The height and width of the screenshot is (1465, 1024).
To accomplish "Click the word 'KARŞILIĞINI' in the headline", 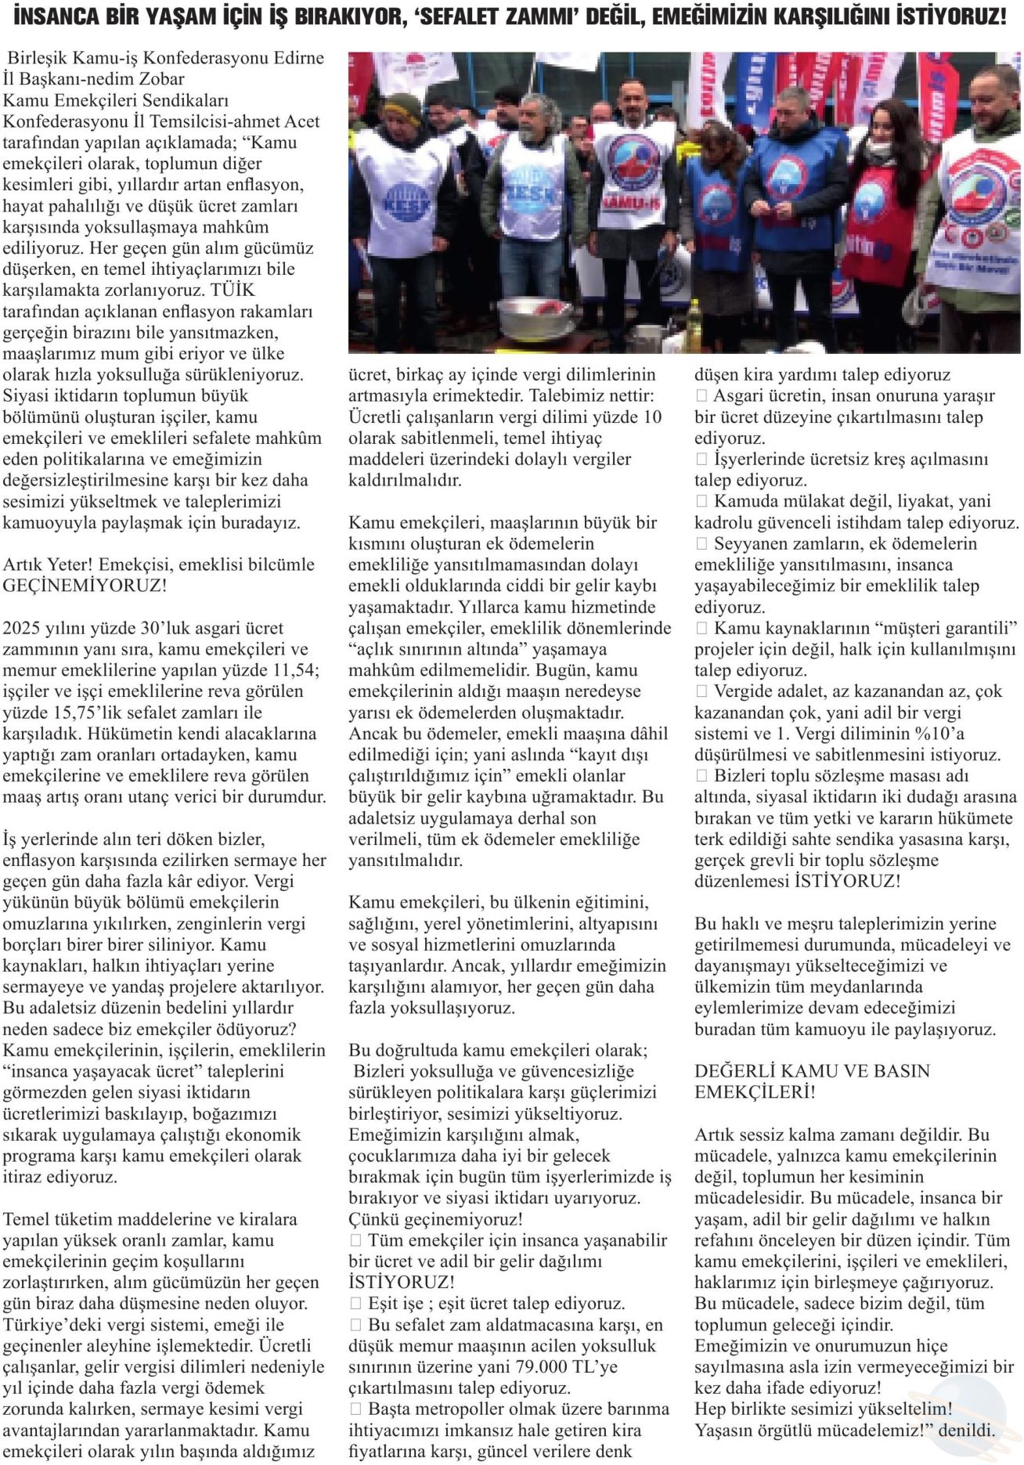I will point(842,16).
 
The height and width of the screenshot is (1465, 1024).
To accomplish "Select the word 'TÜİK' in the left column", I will point(233,290).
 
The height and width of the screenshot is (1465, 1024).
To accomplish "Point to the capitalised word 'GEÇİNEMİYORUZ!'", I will point(85,586).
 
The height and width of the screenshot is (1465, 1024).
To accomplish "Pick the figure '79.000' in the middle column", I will point(511,1367).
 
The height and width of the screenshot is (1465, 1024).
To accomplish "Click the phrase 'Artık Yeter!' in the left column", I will point(48,565).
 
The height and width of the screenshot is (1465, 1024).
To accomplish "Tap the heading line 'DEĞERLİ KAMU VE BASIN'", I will point(812,1071).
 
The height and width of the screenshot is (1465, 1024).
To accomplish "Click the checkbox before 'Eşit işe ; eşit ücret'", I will point(355,1304).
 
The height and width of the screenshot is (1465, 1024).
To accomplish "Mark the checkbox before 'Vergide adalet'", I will point(701,691).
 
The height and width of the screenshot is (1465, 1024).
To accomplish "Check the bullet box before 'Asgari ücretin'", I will point(701,396).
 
